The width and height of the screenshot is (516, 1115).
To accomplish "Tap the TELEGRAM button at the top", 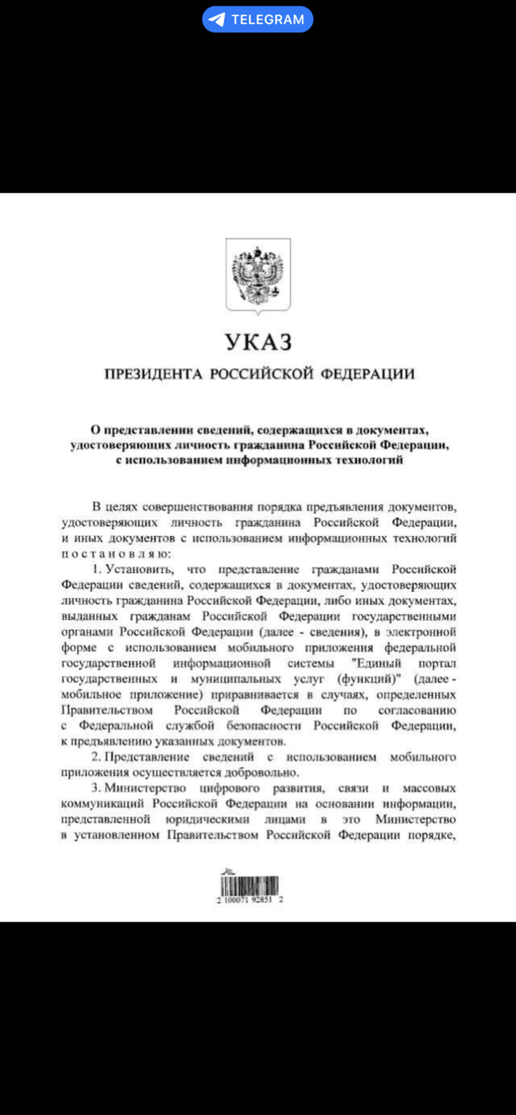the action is [x=258, y=19].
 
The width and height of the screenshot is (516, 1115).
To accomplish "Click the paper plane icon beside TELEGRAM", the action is [x=218, y=19].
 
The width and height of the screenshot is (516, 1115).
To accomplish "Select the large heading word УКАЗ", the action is [x=258, y=343].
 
